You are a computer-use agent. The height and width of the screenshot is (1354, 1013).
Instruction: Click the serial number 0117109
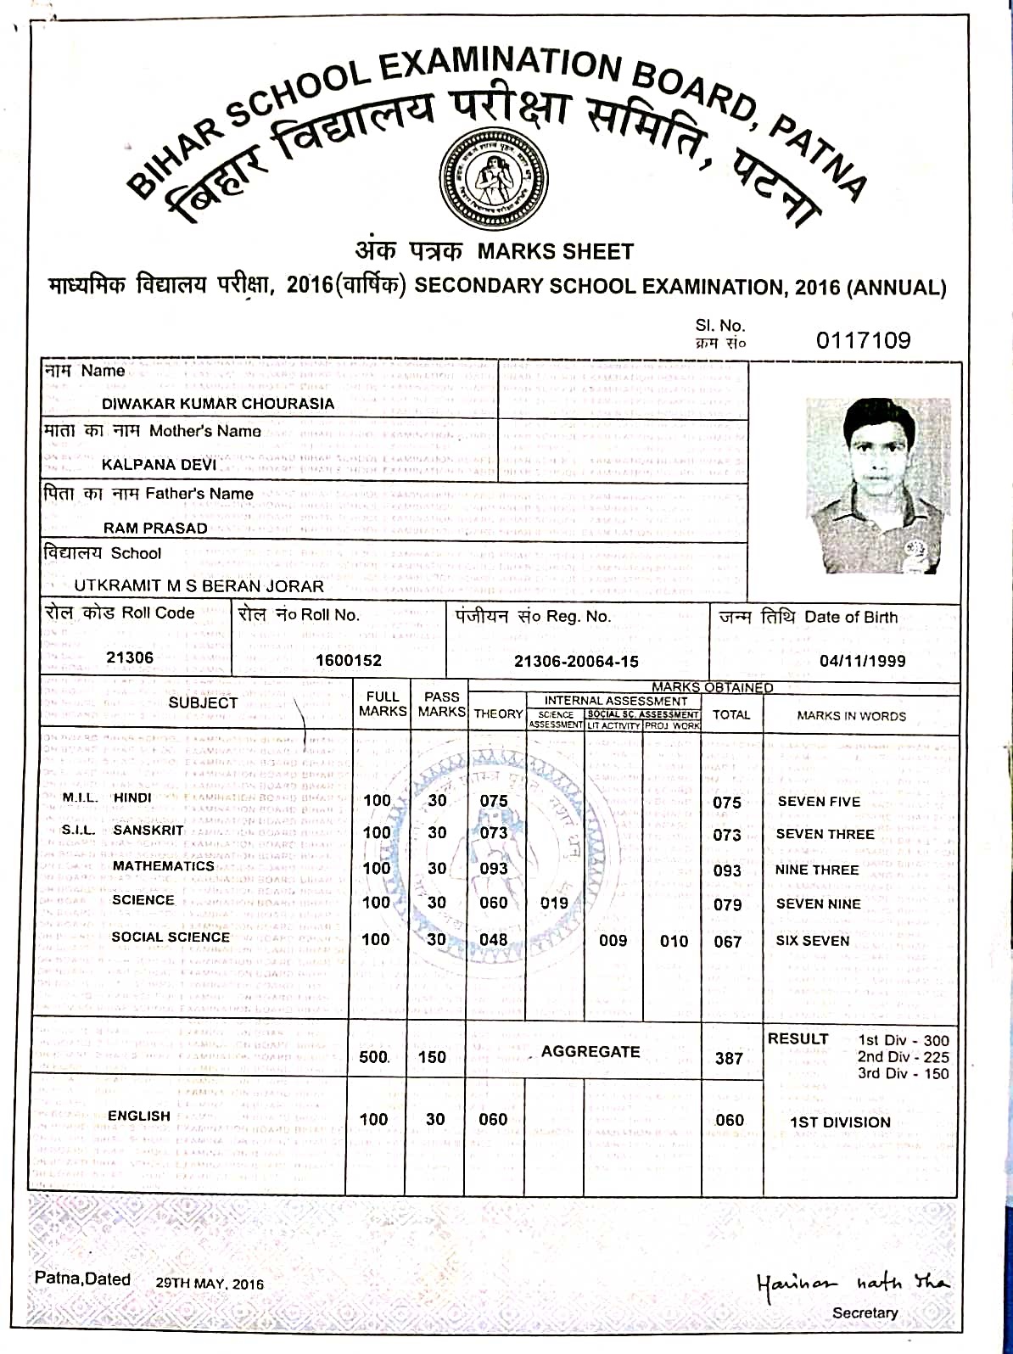point(863,340)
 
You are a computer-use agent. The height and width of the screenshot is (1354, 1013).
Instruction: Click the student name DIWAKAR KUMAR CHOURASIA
point(218,404)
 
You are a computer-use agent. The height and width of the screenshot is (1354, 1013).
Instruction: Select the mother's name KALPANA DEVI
point(159,465)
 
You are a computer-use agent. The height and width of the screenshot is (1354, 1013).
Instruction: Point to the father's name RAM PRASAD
point(155,528)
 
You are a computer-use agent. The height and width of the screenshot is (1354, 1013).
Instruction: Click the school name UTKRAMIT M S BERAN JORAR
point(199,586)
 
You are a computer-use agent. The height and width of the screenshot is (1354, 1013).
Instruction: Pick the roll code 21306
point(130,657)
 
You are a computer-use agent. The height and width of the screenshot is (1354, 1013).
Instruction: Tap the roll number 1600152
point(349,660)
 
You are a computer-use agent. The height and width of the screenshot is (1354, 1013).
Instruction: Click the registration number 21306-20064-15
point(576,662)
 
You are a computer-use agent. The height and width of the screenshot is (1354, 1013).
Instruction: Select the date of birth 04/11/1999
point(862,661)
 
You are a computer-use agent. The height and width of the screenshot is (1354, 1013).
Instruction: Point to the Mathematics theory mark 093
point(493,869)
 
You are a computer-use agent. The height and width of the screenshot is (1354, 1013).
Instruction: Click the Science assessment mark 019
point(554,904)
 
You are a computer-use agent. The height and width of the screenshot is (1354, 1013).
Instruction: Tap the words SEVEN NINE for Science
point(818,904)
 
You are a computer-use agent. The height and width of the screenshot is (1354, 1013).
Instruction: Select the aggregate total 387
point(729,1058)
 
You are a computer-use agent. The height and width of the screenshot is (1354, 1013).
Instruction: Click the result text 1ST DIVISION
point(840,1122)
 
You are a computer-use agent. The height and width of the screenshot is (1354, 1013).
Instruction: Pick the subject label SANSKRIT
point(148,831)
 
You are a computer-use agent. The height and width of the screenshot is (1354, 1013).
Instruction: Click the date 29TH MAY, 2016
point(210,1284)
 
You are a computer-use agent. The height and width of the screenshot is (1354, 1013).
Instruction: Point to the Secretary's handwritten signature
point(852,1282)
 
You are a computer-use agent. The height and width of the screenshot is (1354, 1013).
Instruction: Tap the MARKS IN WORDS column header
point(851,716)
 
